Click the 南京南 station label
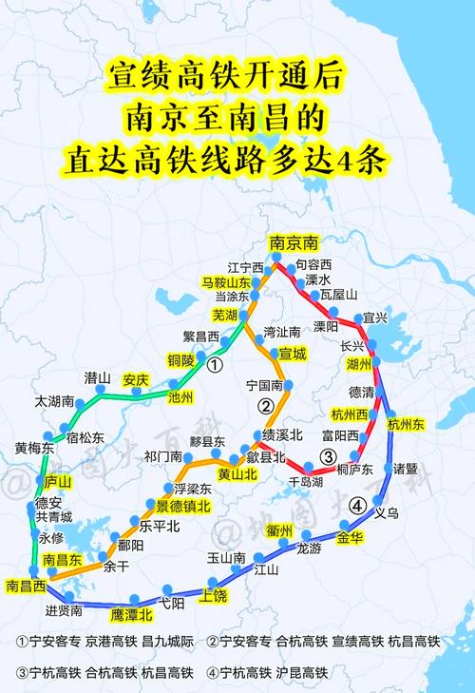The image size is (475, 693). pyautogui.click(x=293, y=242)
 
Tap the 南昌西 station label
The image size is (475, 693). pyautogui.click(x=26, y=586)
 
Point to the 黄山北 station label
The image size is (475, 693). pyautogui.click(x=238, y=473)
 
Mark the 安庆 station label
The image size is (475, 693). pyautogui.click(x=137, y=379)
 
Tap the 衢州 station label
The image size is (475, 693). pyautogui.click(x=278, y=529)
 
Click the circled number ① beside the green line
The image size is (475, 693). pyautogui.click(x=217, y=364)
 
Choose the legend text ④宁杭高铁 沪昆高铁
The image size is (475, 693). pyautogui.click(x=275, y=672)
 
